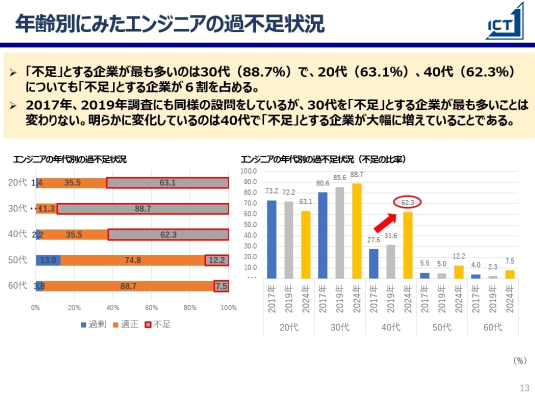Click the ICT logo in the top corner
tap(505, 22)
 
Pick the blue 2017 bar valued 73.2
tap(271, 239)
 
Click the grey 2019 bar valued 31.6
tap(391, 261)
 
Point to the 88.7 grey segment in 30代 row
tap(142, 209)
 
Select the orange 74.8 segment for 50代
tap(132, 260)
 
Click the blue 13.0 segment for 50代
tap(48, 260)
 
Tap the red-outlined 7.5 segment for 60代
tap(221, 286)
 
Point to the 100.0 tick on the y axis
tap(248, 171)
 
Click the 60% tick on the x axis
tap(151, 308)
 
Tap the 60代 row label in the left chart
tap(17, 285)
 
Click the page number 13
tap(524, 388)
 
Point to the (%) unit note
tap(520, 360)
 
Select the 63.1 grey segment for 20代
tap(167, 183)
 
